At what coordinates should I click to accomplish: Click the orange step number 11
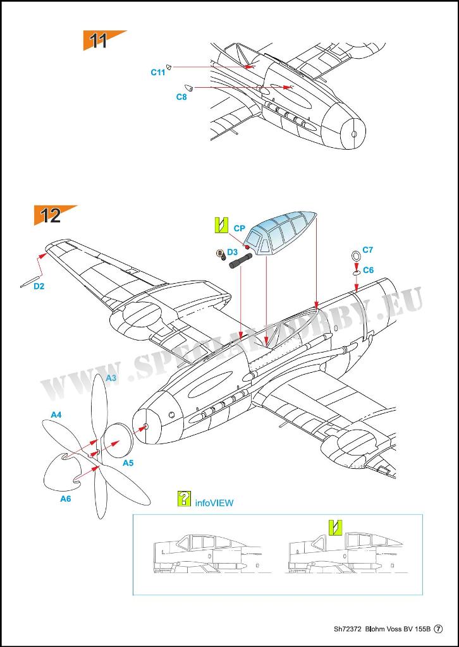(x=99, y=41)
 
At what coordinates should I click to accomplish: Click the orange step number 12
(x=50, y=215)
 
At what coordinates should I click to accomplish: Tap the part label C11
(x=158, y=73)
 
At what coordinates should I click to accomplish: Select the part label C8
(x=181, y=97)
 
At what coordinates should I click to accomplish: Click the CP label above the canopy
(x=239, y=228)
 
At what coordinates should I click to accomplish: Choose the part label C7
(x=368, y=250)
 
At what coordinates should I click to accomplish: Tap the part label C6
(x=369, y=270)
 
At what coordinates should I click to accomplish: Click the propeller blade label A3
(x=111, y=378)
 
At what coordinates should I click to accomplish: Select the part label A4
(x=56, y=414)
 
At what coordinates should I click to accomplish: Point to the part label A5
(x=128, y=463)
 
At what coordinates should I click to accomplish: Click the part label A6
(x=65, y=499)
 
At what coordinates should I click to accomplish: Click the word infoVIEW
(x=214, y=503)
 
